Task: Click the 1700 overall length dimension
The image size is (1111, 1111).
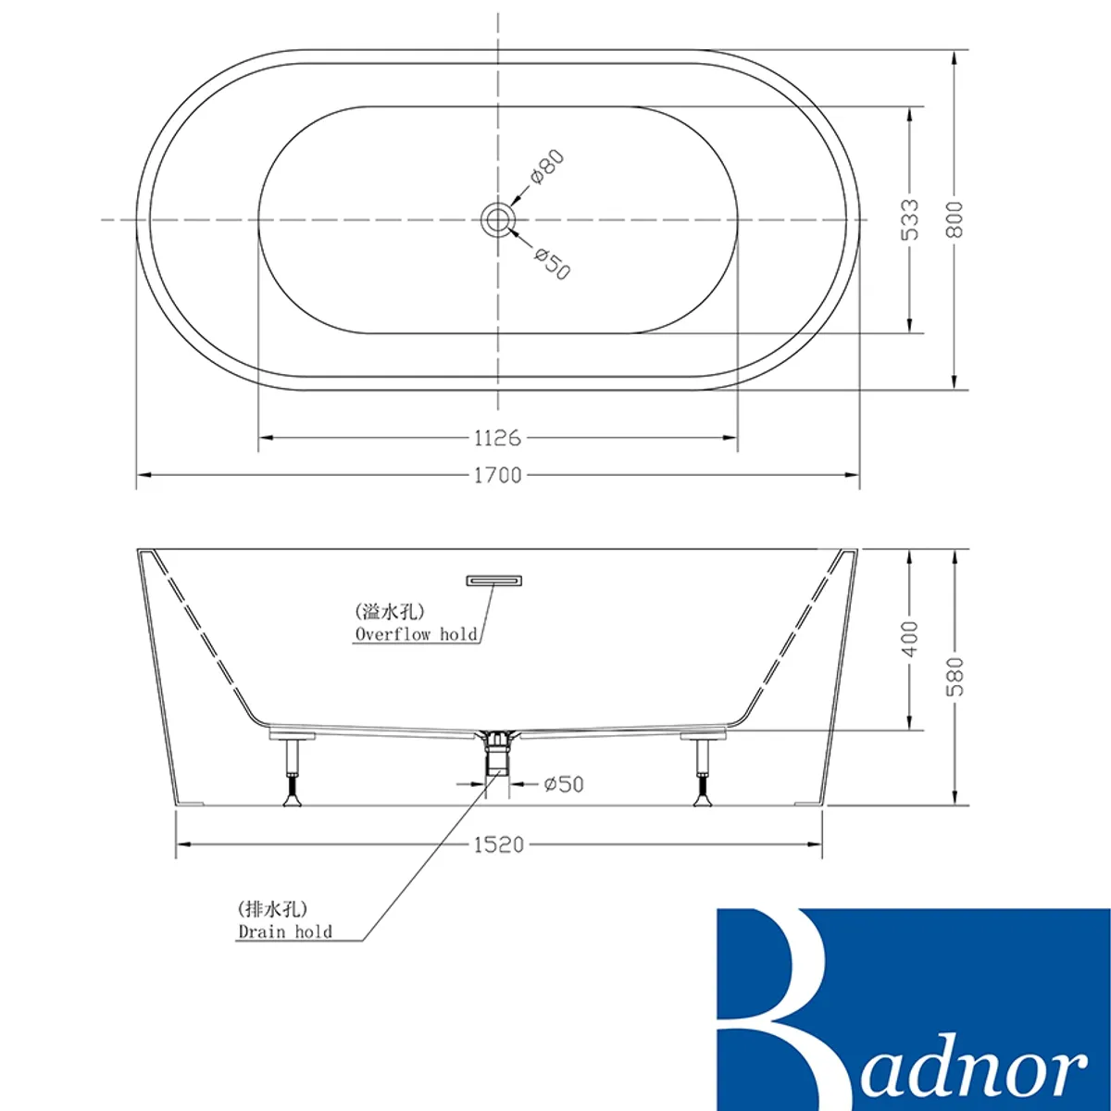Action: tap(497, 475)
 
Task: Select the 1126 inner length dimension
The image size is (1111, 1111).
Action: tap(497, 438)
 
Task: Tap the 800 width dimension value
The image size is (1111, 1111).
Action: tap(955, 219)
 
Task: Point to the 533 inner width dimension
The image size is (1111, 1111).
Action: tap(909, 219)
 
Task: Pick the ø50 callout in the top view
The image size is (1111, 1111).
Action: tap(552, 263)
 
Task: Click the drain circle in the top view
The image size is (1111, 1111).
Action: tap(496, 219)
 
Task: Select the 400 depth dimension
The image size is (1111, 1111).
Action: tap(909, 639)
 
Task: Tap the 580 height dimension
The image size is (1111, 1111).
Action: tap(955, 677)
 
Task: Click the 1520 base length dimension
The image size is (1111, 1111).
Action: tap(499, 845)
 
